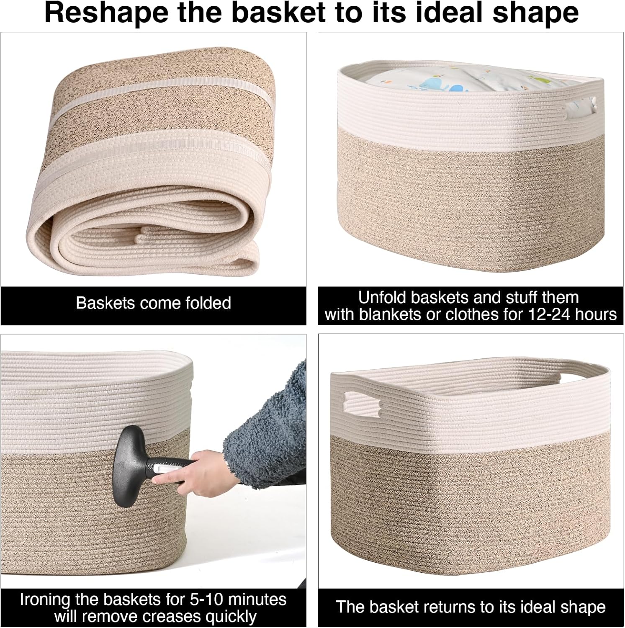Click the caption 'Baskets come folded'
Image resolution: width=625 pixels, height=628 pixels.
tap(153, 303)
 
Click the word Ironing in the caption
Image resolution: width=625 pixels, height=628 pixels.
tap(45, 600)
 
